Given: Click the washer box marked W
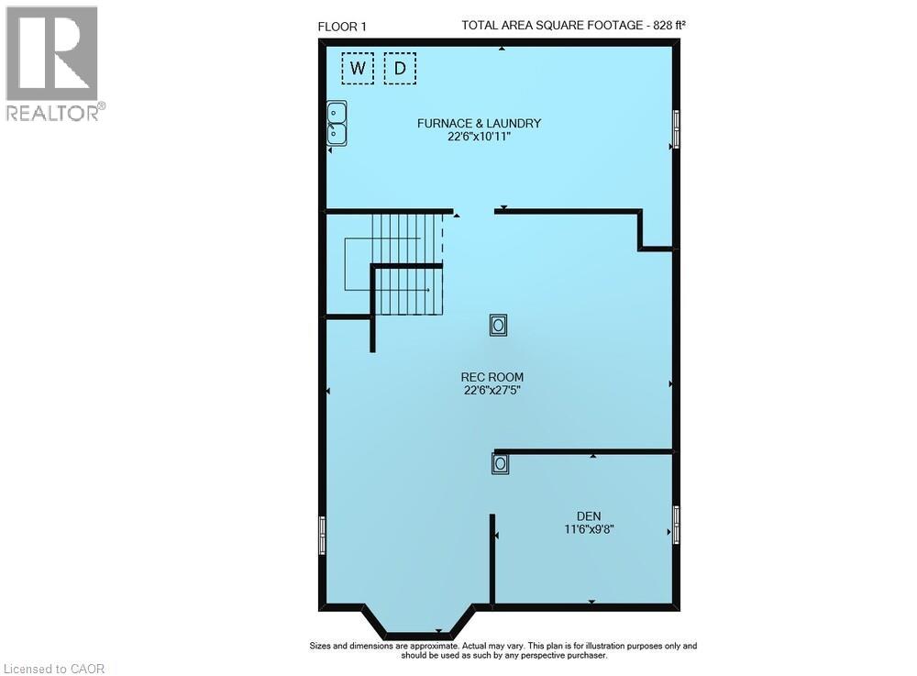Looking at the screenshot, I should (x=359, y=68).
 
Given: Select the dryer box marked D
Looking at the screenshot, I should (x=400, y=68).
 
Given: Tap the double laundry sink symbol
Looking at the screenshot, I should (x=337, y=123).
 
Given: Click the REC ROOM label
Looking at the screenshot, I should (x=492, y=376).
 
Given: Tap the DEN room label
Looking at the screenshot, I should (x=589, y=515).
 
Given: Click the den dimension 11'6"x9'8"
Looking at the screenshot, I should (x=589, y=529).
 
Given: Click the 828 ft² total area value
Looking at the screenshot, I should (x=667, y=26).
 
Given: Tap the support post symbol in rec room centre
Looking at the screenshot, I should (x=498, y=325).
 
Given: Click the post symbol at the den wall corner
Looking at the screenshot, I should (x=500, y=464).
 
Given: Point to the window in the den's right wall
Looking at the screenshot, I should (x=677, y=525).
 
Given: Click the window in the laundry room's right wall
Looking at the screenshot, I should (x=677, y=127).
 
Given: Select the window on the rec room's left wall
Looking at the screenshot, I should (x=322, y=535).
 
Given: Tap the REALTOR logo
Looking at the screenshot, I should (x=52, y=63).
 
